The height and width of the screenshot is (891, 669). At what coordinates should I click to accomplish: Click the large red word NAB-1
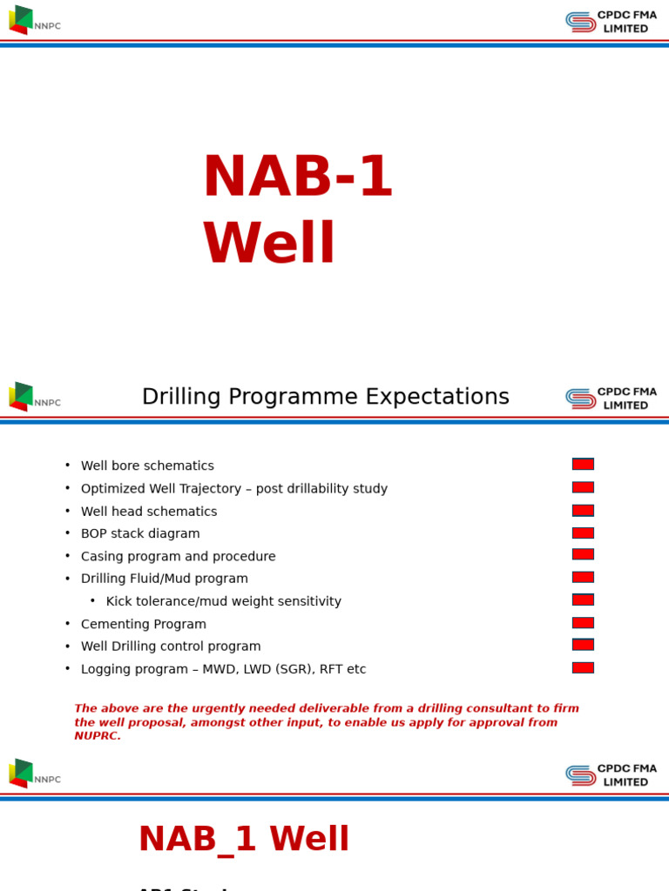[297, 178]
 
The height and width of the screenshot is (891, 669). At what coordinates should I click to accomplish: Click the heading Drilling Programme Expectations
[325, 397]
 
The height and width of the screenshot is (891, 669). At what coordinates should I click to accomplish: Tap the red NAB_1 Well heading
[244, 840]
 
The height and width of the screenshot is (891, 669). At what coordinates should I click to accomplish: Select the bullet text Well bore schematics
[147, 466]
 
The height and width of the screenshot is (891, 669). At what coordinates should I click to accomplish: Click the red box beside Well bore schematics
[583, 464]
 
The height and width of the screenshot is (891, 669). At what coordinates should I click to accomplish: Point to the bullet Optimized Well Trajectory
[233, 489]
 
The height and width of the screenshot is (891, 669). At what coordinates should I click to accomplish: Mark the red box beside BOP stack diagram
[583, 533]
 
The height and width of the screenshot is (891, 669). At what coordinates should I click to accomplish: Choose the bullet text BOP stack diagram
[140, 534]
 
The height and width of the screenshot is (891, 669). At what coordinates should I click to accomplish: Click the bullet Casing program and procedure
[178, 557]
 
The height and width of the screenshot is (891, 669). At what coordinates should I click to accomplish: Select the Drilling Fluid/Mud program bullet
[164, 579]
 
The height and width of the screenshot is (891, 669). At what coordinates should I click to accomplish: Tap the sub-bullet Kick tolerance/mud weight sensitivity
[223, 602]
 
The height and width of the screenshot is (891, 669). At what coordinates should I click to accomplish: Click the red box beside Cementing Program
[583, 622]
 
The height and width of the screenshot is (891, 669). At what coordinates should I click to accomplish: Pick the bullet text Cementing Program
[144, 625]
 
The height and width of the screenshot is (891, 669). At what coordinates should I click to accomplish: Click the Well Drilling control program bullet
[171, 646]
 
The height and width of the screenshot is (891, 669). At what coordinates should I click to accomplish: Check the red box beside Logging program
[583, 667]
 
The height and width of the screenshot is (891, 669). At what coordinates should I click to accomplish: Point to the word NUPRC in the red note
[98, 736]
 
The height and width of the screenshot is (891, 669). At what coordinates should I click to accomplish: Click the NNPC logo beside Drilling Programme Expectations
[34, 397]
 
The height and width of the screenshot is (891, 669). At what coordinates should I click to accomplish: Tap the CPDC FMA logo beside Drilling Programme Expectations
[611, 399]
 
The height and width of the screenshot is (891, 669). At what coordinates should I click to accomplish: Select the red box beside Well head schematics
[583, 510]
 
